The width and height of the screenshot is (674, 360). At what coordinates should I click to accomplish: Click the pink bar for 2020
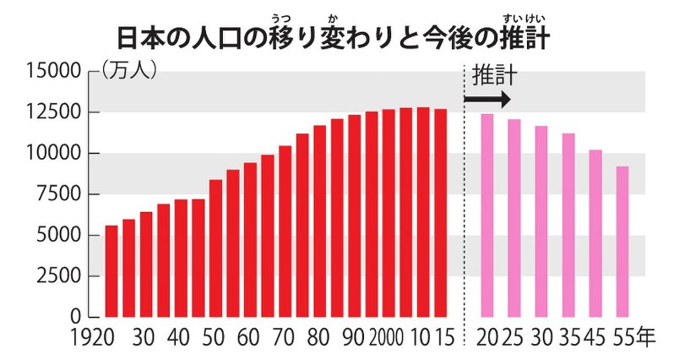[x=486, y=215]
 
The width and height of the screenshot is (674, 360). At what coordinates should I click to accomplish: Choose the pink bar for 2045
[x=595, y=233]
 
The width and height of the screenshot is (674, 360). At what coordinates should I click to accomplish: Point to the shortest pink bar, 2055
[x=622, y=242]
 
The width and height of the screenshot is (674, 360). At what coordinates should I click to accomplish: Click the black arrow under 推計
[x=487, y=99]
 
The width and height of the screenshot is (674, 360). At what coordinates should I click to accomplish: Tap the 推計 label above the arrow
[x=494, y=77]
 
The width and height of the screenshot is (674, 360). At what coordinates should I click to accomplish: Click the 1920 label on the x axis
[x=95, y=338]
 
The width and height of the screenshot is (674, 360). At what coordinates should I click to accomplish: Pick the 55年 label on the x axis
[x=634, y=338]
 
